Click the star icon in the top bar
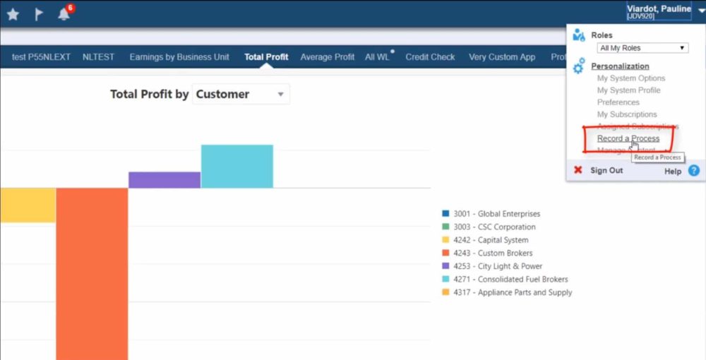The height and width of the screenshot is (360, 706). [x=13, y=14]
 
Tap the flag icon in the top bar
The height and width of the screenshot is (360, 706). [x=40, y=14]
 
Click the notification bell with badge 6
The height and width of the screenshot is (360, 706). [x=64, y=14]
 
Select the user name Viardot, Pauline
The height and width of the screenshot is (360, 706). [x=659, y=9]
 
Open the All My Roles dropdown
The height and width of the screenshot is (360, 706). [x=642, y=48]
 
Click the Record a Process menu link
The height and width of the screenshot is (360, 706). [x=628, y=138]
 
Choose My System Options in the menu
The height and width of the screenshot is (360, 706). [x=631, y=78]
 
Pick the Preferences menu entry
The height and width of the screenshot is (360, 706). [x=618, y=102]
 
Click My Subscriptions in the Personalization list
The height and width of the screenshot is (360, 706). [x=627, y=114]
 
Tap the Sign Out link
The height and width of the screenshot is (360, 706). [x=606, y=170]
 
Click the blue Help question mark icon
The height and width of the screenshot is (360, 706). [x=693, y=170]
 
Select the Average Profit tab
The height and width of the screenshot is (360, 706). [x=328, y=57]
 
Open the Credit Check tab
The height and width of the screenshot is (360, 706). [x=430, y=57]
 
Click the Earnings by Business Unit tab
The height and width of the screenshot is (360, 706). [x=179, y=57]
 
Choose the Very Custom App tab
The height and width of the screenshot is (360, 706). [x=502, y=57]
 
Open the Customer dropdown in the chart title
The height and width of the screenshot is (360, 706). [x=241, y=94]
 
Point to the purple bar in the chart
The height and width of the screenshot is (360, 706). [x=164, y=180]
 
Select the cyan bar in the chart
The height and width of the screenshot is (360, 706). [x=237, y=167]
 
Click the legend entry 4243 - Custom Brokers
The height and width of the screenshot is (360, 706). [x=493, y=253]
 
